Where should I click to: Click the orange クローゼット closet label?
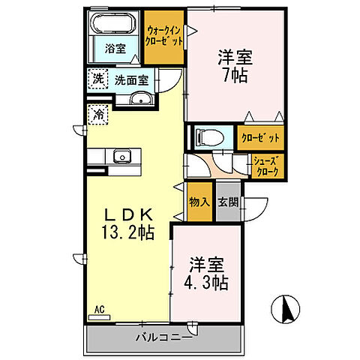coord(260,138)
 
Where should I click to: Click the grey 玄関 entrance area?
coord(228,202)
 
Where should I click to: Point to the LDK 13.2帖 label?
coord(124,223)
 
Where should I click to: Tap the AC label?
coord(99,307)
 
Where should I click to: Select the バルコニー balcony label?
coord(163,336)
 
